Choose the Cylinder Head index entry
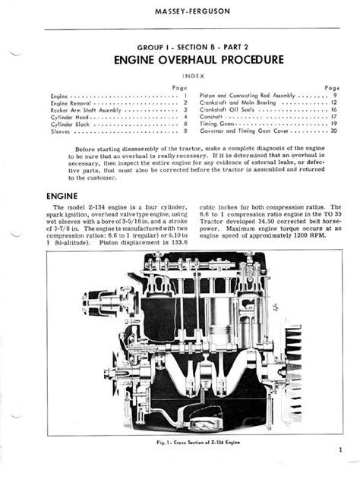click(68, 117)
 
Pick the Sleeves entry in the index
click(60, 131)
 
